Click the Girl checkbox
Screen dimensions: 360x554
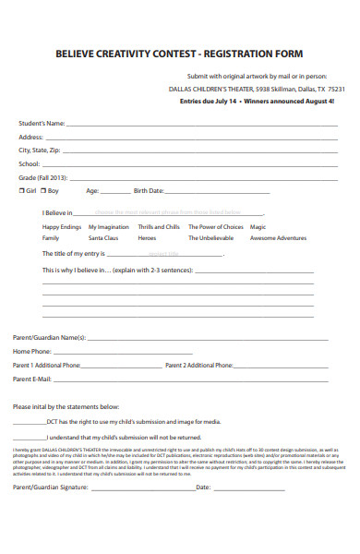click(22, 190)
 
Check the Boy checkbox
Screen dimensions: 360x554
click(43, 190)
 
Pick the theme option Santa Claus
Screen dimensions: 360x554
click(103, 237)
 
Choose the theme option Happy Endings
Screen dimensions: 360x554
click(62, 226)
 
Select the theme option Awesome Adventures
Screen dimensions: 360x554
click(278, 237)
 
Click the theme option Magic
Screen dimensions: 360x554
click(258, 226)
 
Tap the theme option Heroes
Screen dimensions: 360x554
click(147, 237)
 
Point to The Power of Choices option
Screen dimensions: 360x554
click(215, 226)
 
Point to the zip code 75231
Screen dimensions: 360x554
click(337, 90)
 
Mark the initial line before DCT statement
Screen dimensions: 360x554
click(28, 423)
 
